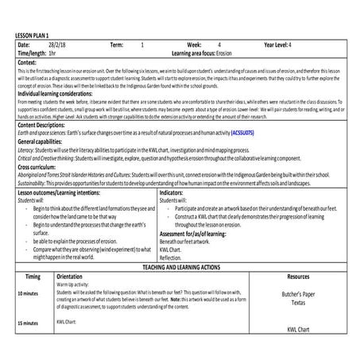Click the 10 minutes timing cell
[x=29, y=293]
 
